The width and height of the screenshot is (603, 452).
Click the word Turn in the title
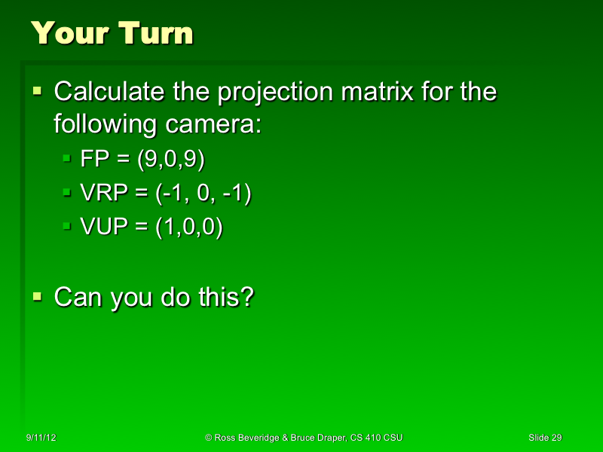coord(154,33)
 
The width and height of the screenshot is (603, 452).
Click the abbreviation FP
coord(94,160)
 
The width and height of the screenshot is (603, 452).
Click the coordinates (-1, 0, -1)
coord(204,194)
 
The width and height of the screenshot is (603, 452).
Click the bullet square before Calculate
coord(38,92)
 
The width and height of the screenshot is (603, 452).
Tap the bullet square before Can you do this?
coord(38,297)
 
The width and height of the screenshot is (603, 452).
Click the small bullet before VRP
coord(66,194)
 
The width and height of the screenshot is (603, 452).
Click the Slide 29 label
coord(545,437)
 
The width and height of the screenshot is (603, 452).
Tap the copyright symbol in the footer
coord(208,437)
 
